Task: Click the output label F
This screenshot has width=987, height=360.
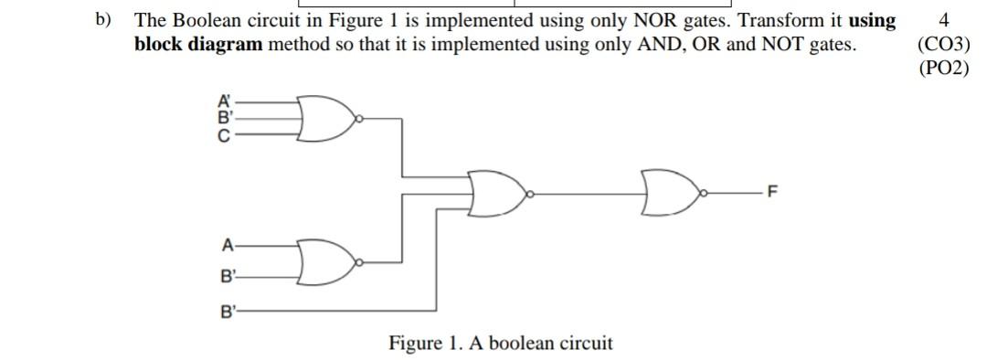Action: [x=773, y=193]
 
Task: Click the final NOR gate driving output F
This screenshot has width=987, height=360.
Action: [x=670, y=193]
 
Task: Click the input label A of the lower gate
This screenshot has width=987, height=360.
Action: [x=227, y=244]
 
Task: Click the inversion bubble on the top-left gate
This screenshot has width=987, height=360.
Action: [x=360, y=118]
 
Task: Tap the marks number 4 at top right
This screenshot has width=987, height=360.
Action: [x=943, y=19]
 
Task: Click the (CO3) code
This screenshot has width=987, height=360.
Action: [x=942, y=43]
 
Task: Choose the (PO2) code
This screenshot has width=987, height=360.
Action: [x=942, y=68]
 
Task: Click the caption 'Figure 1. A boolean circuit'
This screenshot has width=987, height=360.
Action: [x=500, y=344]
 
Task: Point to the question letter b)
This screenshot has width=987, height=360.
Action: [x=105, y=19]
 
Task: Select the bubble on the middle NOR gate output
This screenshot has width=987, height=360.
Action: [x=530, y=193]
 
